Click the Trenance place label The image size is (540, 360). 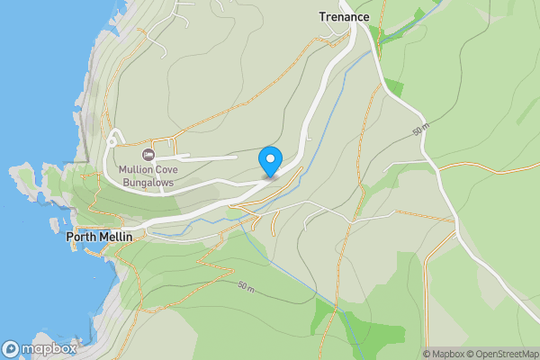(345, 16)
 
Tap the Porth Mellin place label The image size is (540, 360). (99, 238)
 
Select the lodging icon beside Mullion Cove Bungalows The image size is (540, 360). (148, 155)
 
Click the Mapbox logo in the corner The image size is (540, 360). (40, 349)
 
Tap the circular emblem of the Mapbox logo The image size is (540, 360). (11, 349)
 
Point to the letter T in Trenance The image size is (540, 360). (322, 16)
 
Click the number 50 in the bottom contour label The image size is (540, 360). (243, 285)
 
